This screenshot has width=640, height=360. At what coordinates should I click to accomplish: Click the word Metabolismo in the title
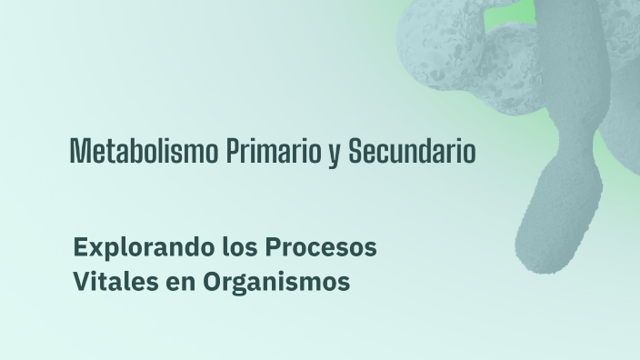(x=144, y=151)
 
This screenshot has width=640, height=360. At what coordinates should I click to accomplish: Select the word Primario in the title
(x=274, y=151)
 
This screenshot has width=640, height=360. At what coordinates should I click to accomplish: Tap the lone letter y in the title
(x=334, y=155)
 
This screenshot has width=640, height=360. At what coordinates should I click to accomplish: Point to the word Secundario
(x=412, y=151)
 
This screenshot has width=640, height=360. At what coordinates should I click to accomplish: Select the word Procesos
(x=321, y=247)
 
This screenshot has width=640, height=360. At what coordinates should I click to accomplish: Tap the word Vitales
(x=116, y=281)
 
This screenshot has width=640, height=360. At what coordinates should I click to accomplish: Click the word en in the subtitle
(x=180, y=284)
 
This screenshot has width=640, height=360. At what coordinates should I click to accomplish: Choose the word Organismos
(x=276, y=282)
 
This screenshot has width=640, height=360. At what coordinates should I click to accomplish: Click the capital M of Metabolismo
(x=79, y=151)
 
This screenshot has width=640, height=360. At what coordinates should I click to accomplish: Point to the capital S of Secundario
(x=355, y=151)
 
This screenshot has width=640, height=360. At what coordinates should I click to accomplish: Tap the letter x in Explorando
(x=99, y=250)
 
